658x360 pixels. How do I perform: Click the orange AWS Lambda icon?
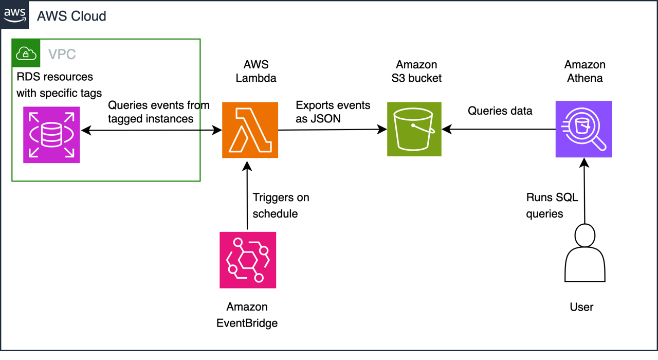point(250,130)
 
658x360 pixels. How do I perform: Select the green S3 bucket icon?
point(414,129)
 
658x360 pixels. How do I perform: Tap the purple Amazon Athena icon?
point(583,129)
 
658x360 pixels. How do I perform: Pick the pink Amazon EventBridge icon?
point(247,260)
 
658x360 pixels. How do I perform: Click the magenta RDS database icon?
point(51,135)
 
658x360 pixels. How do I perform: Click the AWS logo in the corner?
point(15,15)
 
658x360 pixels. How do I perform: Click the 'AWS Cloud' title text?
point(71,16)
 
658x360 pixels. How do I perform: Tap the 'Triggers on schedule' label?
point(281,205)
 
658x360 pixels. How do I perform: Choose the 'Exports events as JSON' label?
point(333,112)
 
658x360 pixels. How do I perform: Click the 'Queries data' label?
point(500,111)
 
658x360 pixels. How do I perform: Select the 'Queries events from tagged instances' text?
point(158,112)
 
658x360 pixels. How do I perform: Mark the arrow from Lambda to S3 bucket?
point(332,130)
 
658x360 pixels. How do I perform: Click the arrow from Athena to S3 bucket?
point(499,130)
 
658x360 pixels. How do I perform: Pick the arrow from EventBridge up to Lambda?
point(247,195)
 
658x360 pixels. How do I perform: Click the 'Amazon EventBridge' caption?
point(247,315)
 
